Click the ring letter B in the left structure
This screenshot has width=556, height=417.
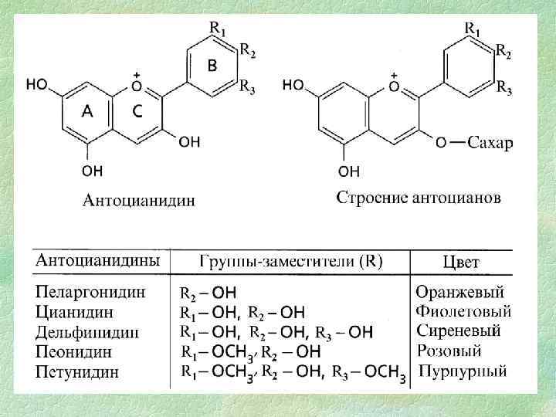212,66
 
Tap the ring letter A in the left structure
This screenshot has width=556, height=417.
88,112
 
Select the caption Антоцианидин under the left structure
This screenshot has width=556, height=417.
139,201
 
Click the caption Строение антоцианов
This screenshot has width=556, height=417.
418,198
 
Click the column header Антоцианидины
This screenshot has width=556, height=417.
98,260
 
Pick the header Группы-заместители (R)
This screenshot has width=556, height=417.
291,261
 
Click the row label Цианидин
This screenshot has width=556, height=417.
75,313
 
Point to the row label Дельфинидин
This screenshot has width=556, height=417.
87,333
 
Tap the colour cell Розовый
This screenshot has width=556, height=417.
450,351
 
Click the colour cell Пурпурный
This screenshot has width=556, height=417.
463,371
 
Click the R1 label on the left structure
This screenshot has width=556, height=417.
218,29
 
